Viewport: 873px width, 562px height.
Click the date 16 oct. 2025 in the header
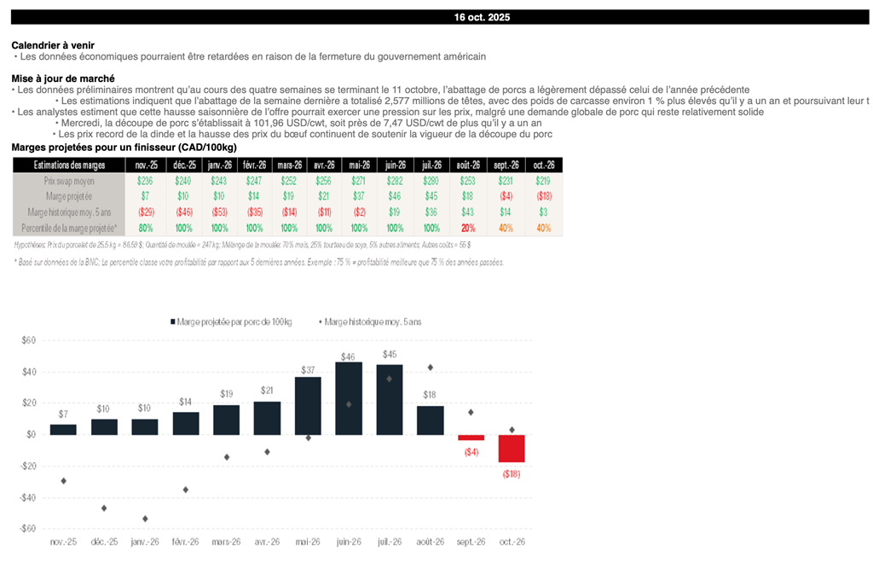click(x=482, y=17)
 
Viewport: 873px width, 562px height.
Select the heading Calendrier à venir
click(x=53, y=44)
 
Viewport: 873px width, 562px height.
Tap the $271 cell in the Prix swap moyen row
click(x=359, y=181)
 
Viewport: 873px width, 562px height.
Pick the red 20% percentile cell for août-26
click(x=468, y=228)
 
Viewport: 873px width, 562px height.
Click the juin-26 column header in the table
click(x=396, y=165)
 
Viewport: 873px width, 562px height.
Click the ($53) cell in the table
click(x=219, y=211)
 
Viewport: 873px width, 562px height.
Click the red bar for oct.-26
click(x=512, y=449)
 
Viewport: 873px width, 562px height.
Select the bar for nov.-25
click(x=63, y=429)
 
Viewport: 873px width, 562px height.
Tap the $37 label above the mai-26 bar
click(x=308, y=369)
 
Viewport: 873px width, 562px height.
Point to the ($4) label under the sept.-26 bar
click(x=471, y=451)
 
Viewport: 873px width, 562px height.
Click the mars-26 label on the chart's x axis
click(x=226, y=542)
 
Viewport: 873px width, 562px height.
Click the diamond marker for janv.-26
click(x=145, y=519)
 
